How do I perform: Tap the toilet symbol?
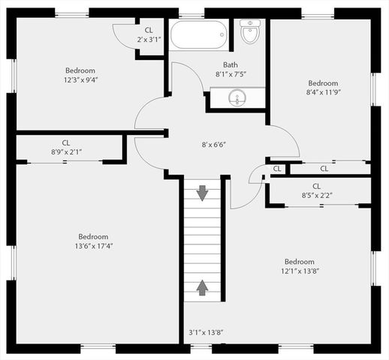click(x=250, y=31)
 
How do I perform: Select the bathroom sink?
click(x=237, y=97)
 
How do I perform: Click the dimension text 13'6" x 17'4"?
click(x=94, y=245)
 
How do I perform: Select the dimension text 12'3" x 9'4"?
click(x=80, y=77)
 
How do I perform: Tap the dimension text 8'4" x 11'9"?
click(x=323, y=92)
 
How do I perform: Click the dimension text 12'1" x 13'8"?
click(x=299, y=271)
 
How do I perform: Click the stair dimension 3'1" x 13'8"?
click(x=207, y=331)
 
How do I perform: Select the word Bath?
click(x=231, y=64)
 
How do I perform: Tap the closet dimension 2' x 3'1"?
click(x=149, y=39)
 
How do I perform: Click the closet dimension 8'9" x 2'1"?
click(x=66, y=151)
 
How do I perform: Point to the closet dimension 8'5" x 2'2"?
click(x=316, y=195)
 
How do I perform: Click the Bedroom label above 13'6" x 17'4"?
click(x=94, y=236)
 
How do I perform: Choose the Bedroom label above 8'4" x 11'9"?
click(x=323, y=83)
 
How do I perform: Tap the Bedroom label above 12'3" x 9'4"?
click(x=80, y=68)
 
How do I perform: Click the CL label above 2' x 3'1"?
click(x=149, y=30)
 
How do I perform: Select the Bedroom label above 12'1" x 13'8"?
click(x=299, y=262)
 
